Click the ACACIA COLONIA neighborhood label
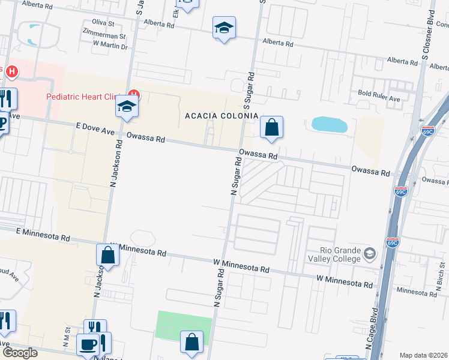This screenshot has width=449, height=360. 221,116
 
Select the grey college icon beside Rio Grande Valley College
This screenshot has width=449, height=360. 370,254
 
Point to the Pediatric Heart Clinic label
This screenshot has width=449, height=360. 84,97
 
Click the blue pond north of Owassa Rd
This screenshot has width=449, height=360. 330,125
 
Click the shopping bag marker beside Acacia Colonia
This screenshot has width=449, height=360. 271,127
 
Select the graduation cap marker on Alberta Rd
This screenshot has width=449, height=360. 224,28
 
